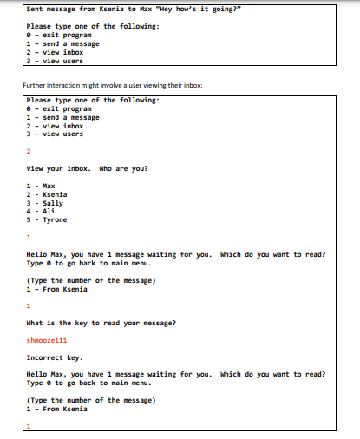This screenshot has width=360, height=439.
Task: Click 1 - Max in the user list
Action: coord(41,186)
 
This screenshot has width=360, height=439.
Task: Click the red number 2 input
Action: coord(29,151)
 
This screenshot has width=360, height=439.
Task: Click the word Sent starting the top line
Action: coord(36,9)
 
